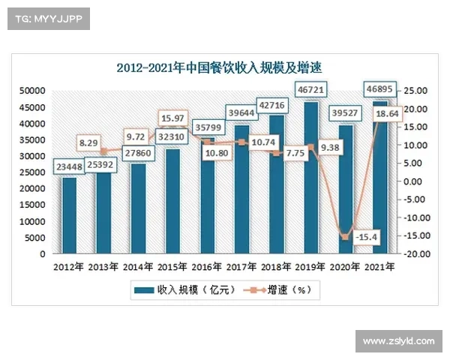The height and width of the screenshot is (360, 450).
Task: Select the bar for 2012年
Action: [x=69, y=217]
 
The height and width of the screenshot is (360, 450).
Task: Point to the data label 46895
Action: [x=382, y=88]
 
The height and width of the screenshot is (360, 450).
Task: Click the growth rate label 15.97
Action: [x=173, y=118]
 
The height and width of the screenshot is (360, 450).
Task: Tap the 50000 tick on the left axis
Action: [x=31, y=90]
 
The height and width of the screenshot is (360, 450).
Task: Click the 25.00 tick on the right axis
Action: [x=417, y=90]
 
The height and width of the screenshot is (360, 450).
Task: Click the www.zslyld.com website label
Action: [x=398, y=341]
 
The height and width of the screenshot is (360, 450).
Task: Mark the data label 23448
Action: [x=70, y=168]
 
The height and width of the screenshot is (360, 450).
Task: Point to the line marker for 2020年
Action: [x=345, y=237]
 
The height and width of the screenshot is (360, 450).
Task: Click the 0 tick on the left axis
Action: [x=42, y=254]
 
